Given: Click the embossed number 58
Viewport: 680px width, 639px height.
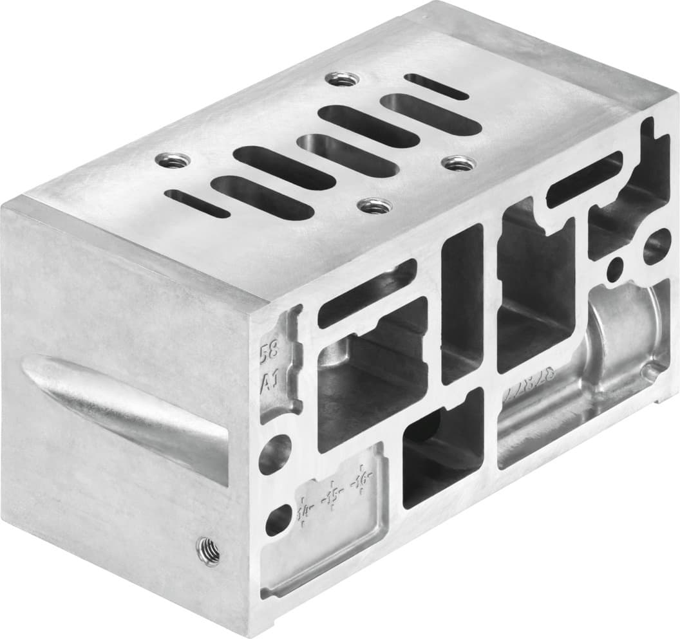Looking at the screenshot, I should coord(269,353).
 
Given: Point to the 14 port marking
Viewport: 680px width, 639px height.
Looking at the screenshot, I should coord(305,513).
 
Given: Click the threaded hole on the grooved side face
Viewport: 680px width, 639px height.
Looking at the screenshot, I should coord(207,550).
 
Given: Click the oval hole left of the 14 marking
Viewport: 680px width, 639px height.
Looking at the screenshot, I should coord(278,519).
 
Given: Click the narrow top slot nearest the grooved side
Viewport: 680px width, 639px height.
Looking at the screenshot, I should coord(197,203).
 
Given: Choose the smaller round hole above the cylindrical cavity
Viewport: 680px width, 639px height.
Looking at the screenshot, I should coord(616,264).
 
